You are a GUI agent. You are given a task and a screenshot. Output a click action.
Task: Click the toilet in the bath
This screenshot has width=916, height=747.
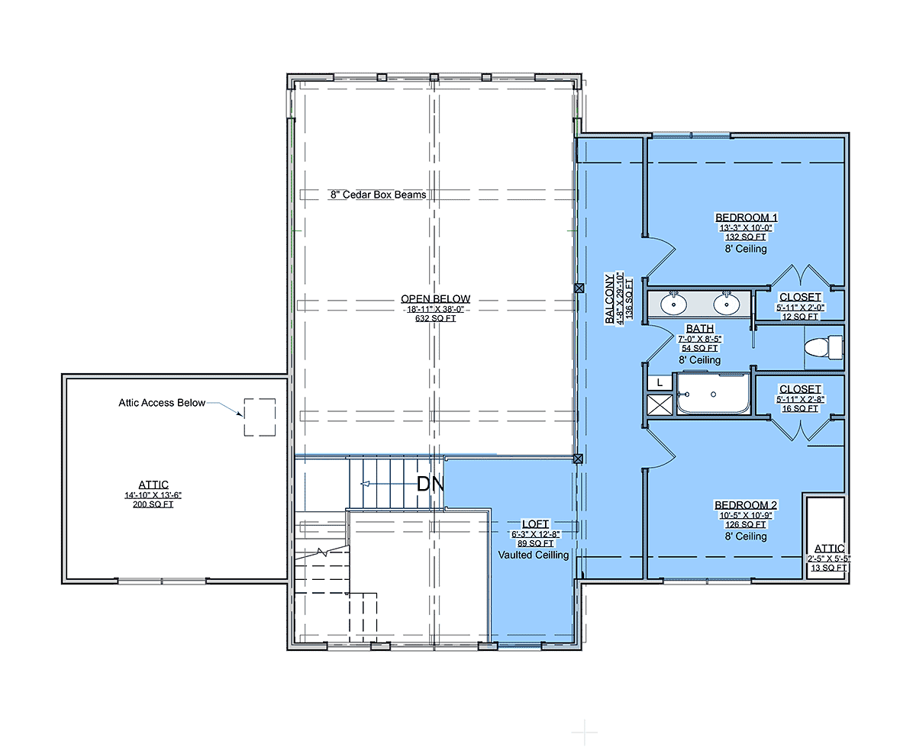tap(824, 347)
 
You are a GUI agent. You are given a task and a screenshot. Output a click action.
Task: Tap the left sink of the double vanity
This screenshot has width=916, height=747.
tap(674, 304)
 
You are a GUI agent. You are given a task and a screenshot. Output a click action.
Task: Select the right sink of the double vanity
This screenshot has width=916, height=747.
tap(727, 304)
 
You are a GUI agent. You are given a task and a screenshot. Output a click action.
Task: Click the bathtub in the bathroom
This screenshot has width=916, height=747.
tap(714, 393)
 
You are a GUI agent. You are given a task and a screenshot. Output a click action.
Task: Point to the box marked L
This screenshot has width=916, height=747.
tap(660, 383)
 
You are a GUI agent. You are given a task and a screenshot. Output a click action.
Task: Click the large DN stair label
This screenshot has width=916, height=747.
tap(430, 484)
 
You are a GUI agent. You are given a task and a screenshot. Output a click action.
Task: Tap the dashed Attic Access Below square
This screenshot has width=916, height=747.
tap(260, 417)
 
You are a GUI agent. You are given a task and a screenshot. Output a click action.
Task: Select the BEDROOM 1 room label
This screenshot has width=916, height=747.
tap(747, 217)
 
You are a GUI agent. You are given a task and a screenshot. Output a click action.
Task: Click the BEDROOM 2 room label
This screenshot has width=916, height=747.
tap(746, 505)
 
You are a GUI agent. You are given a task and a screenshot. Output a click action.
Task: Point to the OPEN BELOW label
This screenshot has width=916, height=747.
tap(435, 298)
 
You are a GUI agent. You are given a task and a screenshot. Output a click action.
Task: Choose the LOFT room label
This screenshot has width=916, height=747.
tap(536, 524)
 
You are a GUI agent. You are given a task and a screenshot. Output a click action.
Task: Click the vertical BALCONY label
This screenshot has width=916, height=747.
tap(609, 298)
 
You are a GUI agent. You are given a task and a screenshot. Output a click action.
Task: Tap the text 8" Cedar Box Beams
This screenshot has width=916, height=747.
tap(379, 195)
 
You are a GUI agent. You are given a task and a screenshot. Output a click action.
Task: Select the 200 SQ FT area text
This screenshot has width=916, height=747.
tap(153, 504)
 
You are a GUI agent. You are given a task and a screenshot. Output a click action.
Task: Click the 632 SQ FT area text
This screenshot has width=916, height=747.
tap(435, 318)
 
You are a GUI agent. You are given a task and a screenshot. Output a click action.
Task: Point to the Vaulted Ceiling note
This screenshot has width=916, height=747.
tap(534, 555)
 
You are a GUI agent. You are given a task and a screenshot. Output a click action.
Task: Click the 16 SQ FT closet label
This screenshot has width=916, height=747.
tap(800, 408)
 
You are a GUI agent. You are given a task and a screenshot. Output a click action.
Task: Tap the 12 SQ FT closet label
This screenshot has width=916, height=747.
tap(800, 317)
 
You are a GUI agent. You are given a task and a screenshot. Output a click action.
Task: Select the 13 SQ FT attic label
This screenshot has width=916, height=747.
tap(829, 568)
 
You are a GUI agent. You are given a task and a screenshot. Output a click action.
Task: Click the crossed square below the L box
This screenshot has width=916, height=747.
tap(660, 405)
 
